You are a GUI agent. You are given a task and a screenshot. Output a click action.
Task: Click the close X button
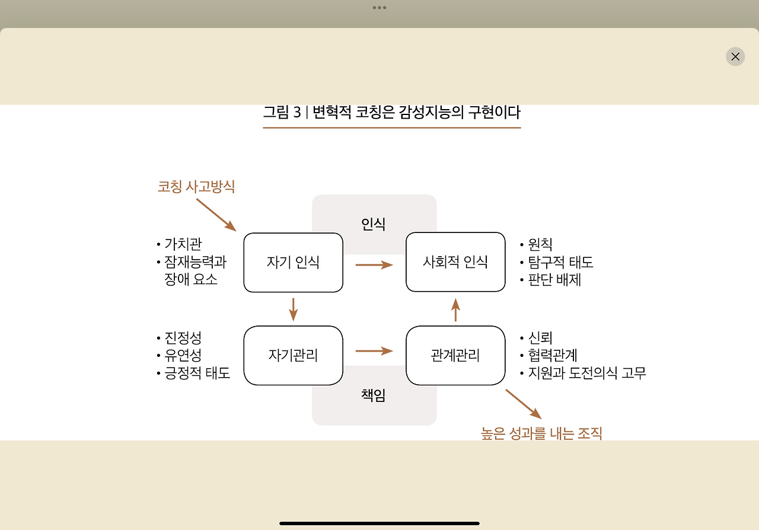click(735, 56)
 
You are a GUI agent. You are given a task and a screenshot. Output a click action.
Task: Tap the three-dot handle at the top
click(379, 8)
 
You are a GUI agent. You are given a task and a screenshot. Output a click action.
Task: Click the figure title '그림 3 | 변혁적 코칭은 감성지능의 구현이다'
click(391, 112)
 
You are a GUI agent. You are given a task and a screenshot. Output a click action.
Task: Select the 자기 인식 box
click(293, 262)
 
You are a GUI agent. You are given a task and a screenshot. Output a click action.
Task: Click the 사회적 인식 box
click(455, 262)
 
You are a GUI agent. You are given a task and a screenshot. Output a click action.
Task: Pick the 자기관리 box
click(293, 355)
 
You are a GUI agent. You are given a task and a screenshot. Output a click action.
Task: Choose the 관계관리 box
click(455, 355)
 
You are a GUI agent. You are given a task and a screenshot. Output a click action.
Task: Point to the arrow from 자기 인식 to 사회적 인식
click(374, 264)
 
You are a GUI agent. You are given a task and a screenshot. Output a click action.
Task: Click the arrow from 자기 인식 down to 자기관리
click(293, 309)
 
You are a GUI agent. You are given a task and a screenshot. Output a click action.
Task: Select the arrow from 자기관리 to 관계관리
click(374, 351)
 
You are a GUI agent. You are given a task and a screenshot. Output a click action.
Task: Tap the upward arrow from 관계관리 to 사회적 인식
click(455, 309)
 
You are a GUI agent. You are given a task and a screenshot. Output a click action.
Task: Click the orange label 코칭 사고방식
click(196, 187)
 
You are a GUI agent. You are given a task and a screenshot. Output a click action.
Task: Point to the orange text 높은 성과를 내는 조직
click(541, 433)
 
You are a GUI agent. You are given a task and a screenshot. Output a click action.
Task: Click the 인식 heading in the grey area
click(374, 224)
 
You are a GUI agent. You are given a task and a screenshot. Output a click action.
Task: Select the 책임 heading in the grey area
click(374, 395)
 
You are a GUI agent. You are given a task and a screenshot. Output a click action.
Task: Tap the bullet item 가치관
click(183, 244)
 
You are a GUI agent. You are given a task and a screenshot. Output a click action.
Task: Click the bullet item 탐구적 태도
click(560, 262)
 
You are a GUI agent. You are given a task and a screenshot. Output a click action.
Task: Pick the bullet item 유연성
click(183, 355)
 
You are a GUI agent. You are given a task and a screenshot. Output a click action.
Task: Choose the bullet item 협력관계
click(552, 355)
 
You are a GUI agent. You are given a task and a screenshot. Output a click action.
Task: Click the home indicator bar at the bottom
click(379, 523)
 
